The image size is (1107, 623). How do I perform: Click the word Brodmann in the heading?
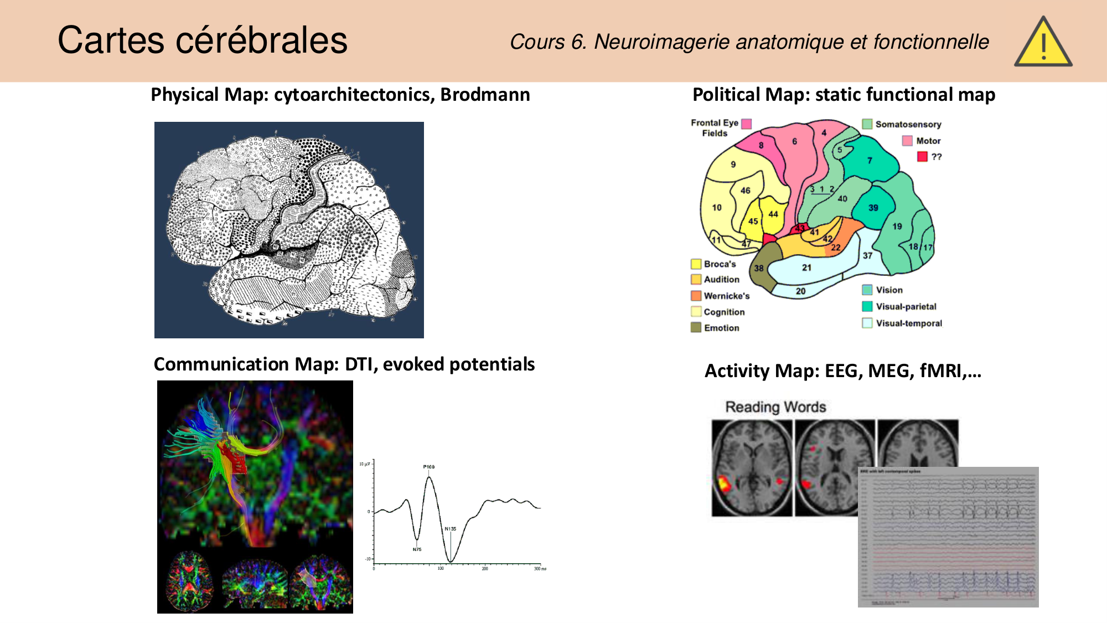click(485, 95)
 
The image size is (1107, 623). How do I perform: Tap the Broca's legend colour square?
click(696, 264)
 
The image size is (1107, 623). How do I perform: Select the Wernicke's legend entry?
click(726, 296)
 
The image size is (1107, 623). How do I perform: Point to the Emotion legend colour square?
click(696, 327)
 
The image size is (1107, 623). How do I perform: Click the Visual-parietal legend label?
click(906, 306)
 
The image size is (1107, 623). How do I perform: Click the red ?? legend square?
click(922, 157)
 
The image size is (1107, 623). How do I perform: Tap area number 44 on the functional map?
click(773, 214)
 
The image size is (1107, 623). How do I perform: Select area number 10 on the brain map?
click(717, 208)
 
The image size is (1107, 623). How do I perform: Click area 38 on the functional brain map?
click(759, 268)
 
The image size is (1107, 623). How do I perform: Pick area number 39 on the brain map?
click(873, 208)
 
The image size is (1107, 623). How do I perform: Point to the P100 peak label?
click(429, 467)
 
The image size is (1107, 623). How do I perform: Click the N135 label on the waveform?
click(451, 529)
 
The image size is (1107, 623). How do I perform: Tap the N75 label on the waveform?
click(417, 549)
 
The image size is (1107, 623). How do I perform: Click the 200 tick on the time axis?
click(485, 569)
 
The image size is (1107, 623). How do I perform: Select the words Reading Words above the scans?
click(775, 407)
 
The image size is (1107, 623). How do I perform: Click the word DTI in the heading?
click(360, 364)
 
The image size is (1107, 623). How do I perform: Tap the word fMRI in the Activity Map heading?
click(940, 370)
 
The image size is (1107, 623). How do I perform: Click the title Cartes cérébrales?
click(203, 40)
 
